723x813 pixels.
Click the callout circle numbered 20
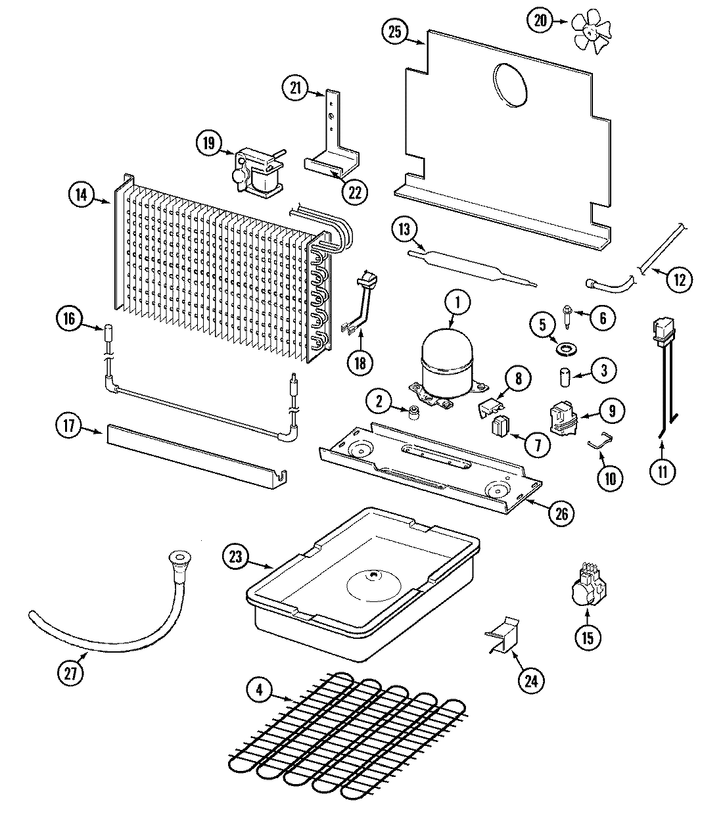tap(540, 21)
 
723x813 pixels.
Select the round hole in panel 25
tap(510, 83)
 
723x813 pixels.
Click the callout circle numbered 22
tap(355, 193)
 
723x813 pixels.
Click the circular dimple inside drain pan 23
tap(373, 585)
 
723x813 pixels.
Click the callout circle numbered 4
tap(260, 689)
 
